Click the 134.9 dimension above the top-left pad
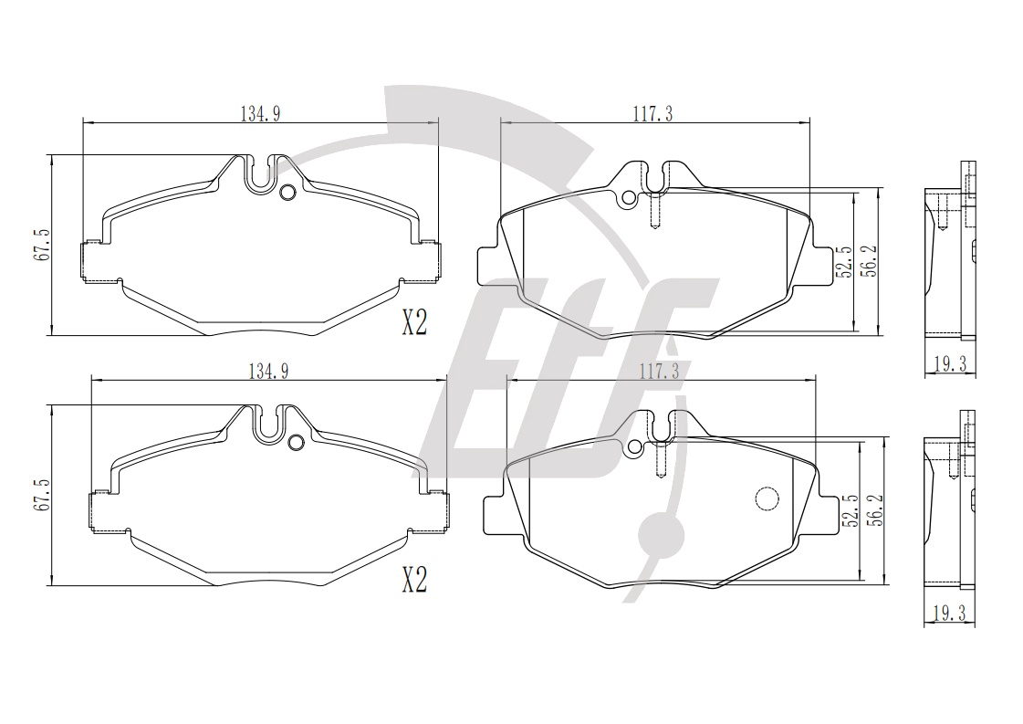pos(260,113)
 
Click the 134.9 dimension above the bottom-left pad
pos(268,371)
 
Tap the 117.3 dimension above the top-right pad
pos(652,114)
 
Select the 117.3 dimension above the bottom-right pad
pos(659,372)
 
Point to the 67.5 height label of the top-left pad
pos(41,244)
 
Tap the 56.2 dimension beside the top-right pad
pos(870,260)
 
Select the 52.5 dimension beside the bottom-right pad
pos(851,509)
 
